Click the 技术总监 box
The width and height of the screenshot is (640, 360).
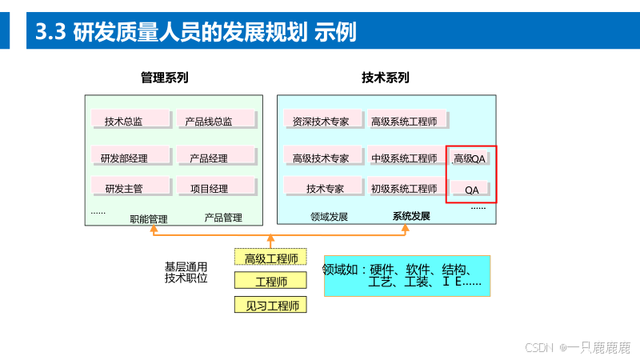[x=131, y=120]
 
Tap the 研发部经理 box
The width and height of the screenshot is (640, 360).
[x=131, y=157]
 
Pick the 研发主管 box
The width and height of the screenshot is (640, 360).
[x=131, y=187]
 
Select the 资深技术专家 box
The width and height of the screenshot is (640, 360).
[x=321, y=121]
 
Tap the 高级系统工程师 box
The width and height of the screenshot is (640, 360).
[x=405, y=121]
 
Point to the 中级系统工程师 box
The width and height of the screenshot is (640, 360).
[x=405, y=157]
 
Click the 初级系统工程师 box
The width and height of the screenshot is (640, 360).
[x=405, y=187]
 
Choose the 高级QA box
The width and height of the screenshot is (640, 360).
[x=470, y=158]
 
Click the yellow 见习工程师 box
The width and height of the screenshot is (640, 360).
[x=271, y=305]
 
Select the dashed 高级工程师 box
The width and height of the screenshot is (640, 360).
[x=271, y=258]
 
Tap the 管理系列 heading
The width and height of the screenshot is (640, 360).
[x=164, y=78]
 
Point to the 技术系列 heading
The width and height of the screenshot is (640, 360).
[x=385, y=78]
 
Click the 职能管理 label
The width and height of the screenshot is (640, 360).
[x=149, y=217]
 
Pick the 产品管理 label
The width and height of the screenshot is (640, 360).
[x=223, y=217]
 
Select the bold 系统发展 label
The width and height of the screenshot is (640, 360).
[x=411, y=216]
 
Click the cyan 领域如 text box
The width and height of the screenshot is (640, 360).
[x=406, y=275]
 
